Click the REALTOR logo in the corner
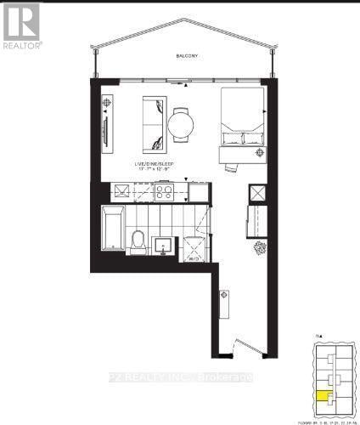point(21,25)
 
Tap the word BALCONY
point(188,56)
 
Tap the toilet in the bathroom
point(137,241)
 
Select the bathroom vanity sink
point(163,246)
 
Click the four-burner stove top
point(163,191)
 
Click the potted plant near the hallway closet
point(260,247)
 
